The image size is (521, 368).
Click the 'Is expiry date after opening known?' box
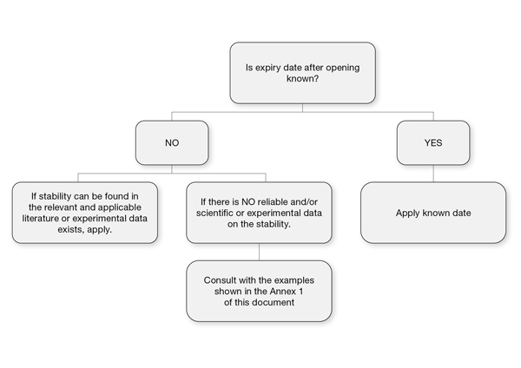302,72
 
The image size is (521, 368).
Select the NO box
171,143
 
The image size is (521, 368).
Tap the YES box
432,143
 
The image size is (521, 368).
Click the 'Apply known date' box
432,213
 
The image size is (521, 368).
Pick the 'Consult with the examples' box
259,291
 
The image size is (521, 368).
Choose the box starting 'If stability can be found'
84,213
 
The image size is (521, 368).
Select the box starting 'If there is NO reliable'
259,213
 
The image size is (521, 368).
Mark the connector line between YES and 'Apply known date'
432,173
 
